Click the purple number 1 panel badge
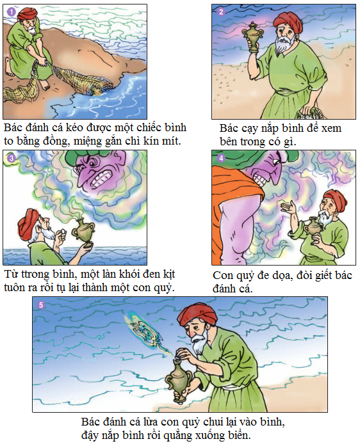point(11,12)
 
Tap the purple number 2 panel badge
point(221,12)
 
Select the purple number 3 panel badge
point(11,158)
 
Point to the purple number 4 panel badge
point(221,158)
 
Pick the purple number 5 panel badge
point(41,305)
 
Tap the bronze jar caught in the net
point(96,91)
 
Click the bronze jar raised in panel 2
point(252,37)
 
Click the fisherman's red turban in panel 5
point(197,316)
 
